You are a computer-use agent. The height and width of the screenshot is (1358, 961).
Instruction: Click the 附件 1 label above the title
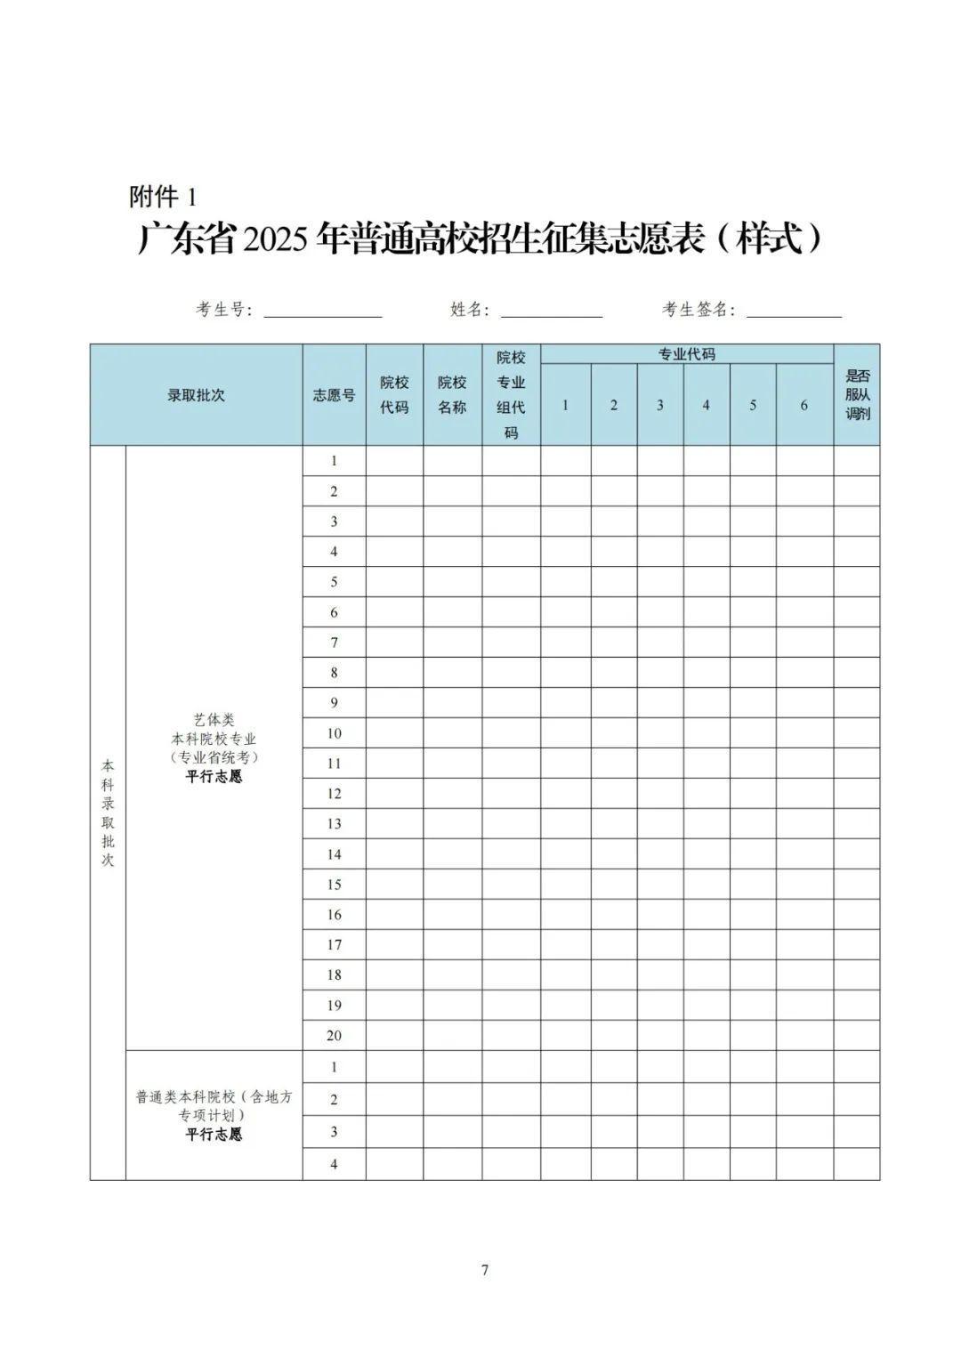tap(162, 197)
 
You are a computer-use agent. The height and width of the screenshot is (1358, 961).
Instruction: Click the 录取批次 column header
tap(196, 395)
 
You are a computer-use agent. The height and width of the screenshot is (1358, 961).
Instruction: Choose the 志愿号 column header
tap(334, 395)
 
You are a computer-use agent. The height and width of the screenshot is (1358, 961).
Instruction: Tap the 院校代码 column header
tap(394, 395)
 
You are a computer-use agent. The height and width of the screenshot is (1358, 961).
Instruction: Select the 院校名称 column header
tap(452, 395)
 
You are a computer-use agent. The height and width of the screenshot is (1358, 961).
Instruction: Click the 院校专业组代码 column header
tap(511, 395)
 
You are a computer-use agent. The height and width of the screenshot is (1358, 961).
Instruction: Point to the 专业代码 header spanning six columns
tap(686, 354)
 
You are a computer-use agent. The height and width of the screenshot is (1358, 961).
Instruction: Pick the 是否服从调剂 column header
tap(857, 395)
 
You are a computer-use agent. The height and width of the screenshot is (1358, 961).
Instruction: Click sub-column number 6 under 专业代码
tap(804, 406)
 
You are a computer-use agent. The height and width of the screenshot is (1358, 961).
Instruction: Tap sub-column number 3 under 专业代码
tap(659, 406)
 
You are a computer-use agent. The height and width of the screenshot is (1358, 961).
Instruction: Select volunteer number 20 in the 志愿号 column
tap(334, 1035)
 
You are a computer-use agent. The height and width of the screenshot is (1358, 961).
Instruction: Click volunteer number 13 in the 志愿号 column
tap(334, 824)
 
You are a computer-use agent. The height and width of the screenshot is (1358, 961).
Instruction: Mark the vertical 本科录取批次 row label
tap(108, 812)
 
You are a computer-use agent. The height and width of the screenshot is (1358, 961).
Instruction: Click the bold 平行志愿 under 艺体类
tap(214, 777)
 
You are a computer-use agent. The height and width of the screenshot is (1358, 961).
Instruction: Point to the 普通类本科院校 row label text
tap(214, 1097)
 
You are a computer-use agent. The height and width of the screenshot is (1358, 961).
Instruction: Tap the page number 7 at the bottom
tap(484, 1270)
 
